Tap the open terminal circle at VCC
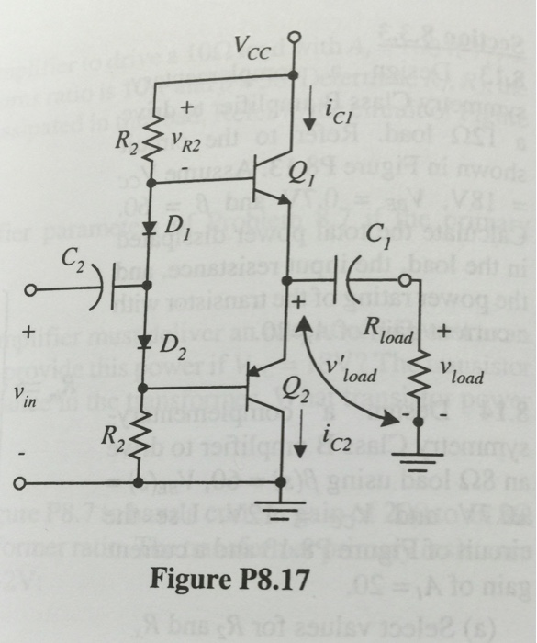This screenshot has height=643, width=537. [x=294, y=38]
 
